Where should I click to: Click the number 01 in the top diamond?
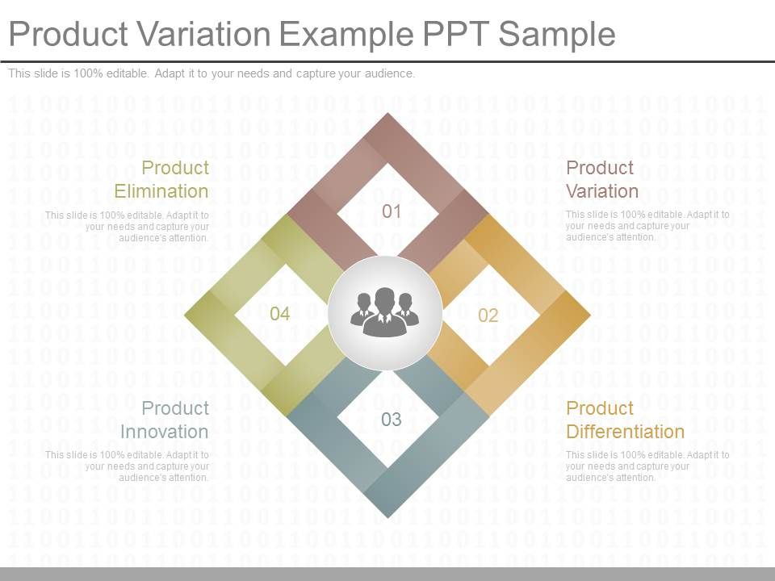[392, 211]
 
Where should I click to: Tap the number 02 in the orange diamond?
[488, 316]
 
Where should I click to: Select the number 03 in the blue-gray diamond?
[392, 419]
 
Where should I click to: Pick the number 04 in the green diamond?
[279, 314]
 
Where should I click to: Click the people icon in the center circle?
[385, 311]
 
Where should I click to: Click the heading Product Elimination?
[161, 179]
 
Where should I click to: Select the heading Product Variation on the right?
[602, 179]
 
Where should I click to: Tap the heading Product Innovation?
[165, 420]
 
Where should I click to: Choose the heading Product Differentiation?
[625, 420]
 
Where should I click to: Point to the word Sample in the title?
[556, 35]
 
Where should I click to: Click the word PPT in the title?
[454, 35]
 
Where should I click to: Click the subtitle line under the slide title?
[212, 73]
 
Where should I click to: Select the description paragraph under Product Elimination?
[127, 227]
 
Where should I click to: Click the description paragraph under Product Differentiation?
[647, 466]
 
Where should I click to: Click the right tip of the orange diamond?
[589, 314]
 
